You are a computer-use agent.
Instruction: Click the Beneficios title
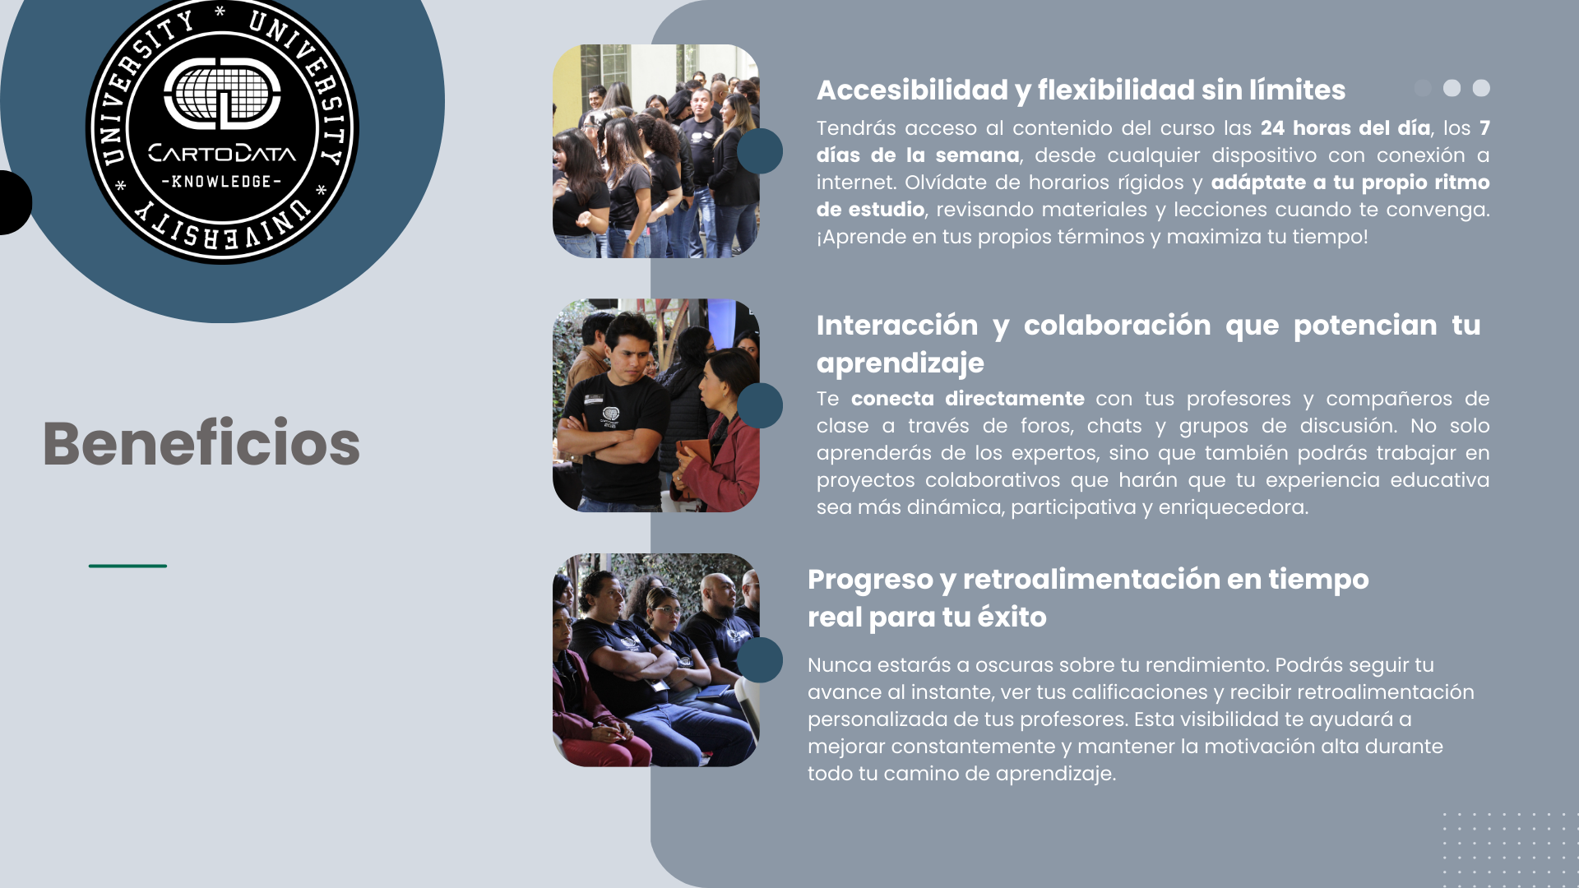pos(201,443)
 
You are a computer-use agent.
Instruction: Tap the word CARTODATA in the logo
pos(222,154)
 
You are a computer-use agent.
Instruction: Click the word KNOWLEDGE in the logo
pos(221,181)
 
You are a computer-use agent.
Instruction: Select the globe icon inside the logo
pos(222,94)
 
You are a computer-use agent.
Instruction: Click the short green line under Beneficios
pos(127,566)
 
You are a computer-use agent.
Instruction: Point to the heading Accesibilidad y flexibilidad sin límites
pos(1081,90)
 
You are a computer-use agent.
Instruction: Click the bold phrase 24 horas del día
pos(1345,128)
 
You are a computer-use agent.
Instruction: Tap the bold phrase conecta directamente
pos(967,399)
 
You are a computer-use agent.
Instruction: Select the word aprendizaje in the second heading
pos(900,363)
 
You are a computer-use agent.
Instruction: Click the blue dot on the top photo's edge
pos(759,151)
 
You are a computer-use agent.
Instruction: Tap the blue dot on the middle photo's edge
pos(759,405)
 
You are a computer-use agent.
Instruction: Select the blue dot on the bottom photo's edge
pos(759,659)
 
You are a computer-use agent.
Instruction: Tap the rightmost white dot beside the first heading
pos(1481,88)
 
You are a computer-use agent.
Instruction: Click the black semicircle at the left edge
pos(16,202)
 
